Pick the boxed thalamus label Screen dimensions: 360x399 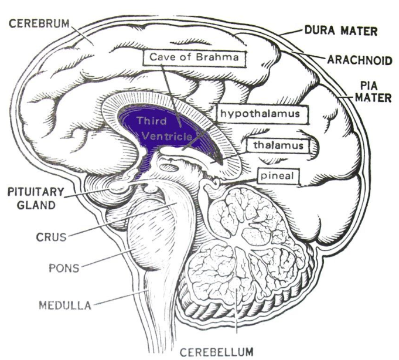[x=278, y=144]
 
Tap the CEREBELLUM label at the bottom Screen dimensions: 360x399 [x=216, y=352]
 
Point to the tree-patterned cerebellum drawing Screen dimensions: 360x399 [x=246, y=252]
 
